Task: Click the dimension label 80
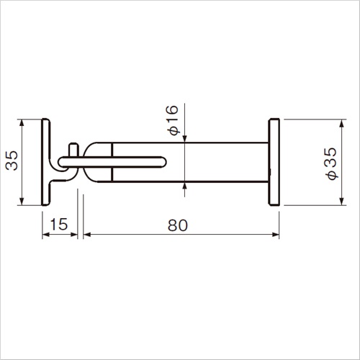(x=178, y=225)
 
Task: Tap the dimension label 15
(x=59, y=224)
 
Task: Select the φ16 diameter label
(x=173, y=120)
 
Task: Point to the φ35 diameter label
(x=331, y=163)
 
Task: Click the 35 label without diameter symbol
(x=12, y=161)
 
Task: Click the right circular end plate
(x=274, y=162)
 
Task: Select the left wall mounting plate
(x=46, y=162)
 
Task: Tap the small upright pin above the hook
(x=73, y=150)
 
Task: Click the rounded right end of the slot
(x=163, y=162)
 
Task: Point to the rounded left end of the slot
(x=61, y=162)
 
